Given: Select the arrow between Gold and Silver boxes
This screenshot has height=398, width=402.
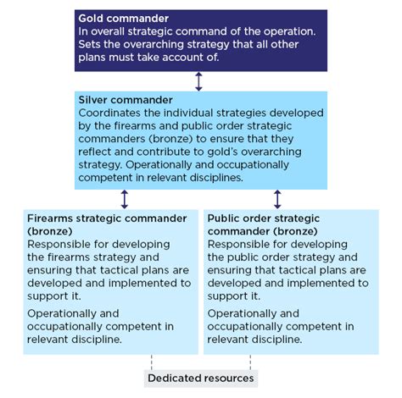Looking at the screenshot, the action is click(x=199, y=81).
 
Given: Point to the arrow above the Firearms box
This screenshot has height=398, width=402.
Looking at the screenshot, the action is click(x=125, y=199).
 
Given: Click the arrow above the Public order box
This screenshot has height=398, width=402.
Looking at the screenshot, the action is click(x=277, y=199).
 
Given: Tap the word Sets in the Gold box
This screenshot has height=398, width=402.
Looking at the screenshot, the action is click(x=91, y=46).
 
